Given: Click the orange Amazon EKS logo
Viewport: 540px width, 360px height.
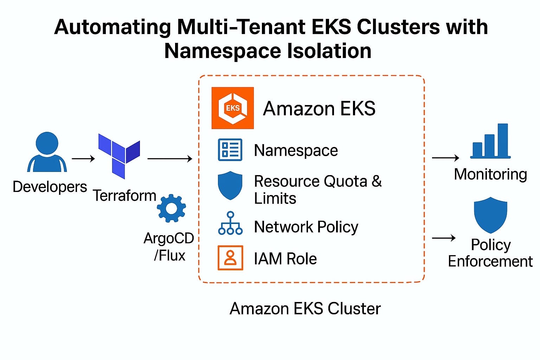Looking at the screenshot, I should (232, 108).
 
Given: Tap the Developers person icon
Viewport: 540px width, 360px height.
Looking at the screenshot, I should (47, 152).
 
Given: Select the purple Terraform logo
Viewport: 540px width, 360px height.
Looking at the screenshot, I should (119, 155).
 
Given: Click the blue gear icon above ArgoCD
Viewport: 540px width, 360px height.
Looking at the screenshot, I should (171, 208).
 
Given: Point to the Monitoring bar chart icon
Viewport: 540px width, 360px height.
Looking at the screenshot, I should (490, 141).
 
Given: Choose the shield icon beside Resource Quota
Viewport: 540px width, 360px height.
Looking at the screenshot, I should (230, 185).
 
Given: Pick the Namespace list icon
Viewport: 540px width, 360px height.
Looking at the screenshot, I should (230, 150).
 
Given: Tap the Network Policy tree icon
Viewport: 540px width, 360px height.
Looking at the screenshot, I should (230, 223).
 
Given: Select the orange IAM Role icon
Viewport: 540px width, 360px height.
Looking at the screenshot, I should (230, 258).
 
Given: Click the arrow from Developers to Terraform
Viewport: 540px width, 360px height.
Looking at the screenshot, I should (83, 159).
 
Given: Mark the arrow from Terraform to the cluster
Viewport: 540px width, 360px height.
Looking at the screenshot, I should (170, 159).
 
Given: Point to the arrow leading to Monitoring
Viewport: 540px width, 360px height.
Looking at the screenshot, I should (445, 158).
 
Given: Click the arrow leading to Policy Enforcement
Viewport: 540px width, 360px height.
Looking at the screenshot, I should (444, 238).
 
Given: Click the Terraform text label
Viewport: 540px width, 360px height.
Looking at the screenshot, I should (124, 195).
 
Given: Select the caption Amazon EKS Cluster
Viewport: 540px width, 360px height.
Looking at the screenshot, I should (305, 309).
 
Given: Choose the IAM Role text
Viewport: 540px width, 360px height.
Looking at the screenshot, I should (285, 259).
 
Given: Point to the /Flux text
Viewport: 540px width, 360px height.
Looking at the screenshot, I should (169, 255).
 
